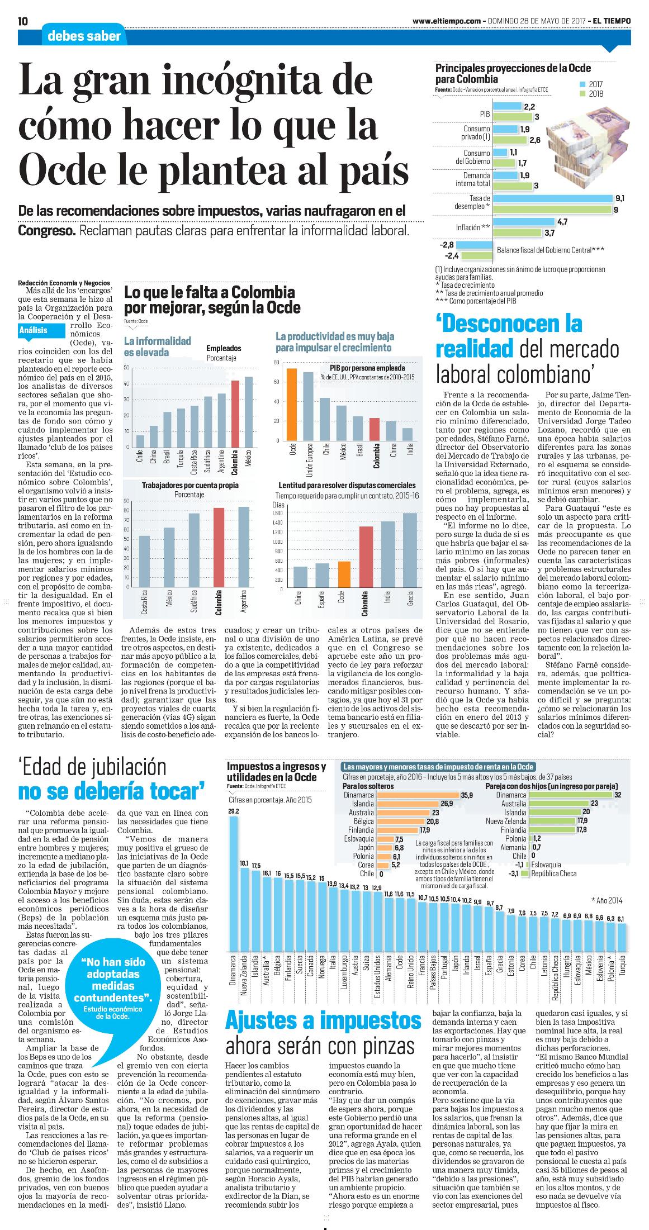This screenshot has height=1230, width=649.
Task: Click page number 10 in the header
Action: coord(23,21)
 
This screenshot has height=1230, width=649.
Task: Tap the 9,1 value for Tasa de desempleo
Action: coord(619,198)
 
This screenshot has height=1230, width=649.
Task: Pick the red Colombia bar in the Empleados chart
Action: coord(235,414)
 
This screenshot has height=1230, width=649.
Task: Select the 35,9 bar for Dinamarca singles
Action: coord(417,795)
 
